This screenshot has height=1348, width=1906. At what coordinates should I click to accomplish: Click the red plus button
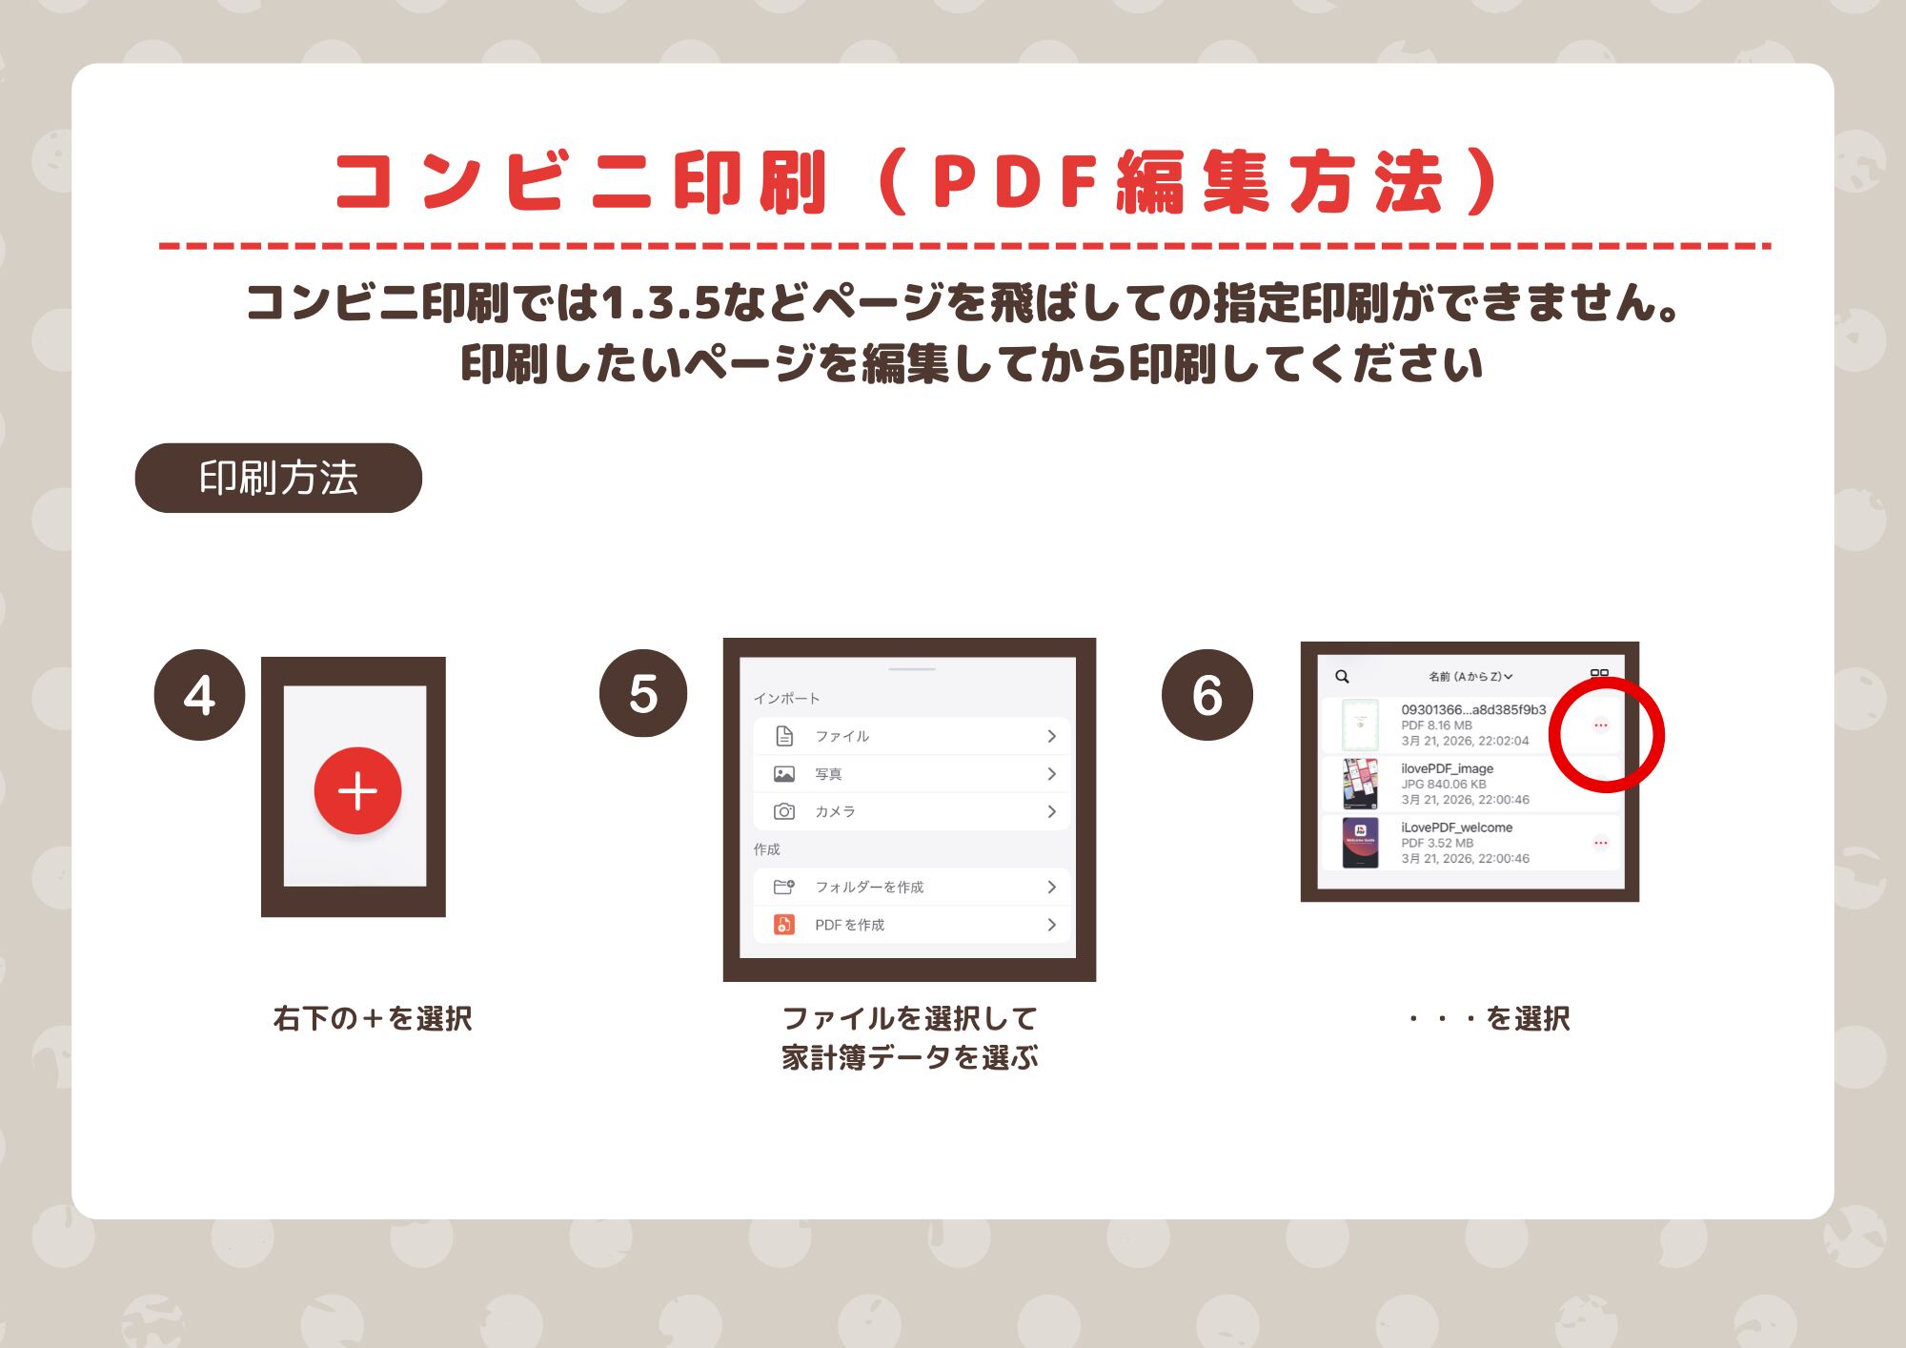coord(357,790)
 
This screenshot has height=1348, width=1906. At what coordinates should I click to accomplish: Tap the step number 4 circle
coord(199,695)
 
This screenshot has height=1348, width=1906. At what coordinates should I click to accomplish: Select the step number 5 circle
coord(643,693)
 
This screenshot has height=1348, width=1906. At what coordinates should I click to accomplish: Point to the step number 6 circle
coord(1206,695)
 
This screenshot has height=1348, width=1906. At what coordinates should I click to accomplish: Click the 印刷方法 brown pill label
coord(278,478)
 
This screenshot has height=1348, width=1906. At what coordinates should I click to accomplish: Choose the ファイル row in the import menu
coord(912,736)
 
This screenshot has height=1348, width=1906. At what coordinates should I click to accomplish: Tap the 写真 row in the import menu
coord(912,774)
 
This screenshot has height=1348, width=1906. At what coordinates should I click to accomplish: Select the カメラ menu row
coord(912,811)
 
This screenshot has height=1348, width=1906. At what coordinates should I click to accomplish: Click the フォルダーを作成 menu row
coord(912,887)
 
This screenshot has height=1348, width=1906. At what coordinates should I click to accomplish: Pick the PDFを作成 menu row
coord(912,925)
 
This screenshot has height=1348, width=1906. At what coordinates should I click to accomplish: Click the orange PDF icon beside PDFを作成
coord(784,925)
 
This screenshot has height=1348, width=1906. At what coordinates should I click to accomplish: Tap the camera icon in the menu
coord(784,811)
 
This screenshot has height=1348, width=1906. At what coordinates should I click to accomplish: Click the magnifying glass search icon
coord(1342,677)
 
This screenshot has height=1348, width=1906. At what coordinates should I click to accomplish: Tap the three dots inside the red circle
coord(1601,725)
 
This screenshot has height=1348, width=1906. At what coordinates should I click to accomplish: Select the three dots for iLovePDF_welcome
coord(1601,843)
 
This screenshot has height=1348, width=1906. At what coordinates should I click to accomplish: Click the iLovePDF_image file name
coord(1447,768)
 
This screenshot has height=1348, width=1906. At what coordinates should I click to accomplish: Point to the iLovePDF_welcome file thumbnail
coord(1360,843)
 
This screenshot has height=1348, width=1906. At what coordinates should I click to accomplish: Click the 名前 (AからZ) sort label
coord(1470,677)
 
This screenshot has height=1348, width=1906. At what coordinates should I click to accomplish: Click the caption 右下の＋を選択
coord(373,1018)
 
